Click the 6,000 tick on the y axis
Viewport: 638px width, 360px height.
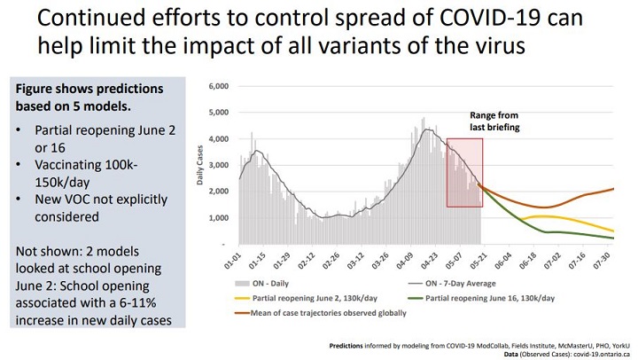coord(217,86)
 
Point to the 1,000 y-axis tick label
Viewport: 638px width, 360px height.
coord(217,217)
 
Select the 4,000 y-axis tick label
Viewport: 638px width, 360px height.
coord(217,138)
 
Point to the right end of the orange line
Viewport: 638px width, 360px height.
coord(613,188)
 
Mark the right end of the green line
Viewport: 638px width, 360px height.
coord(613,239)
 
